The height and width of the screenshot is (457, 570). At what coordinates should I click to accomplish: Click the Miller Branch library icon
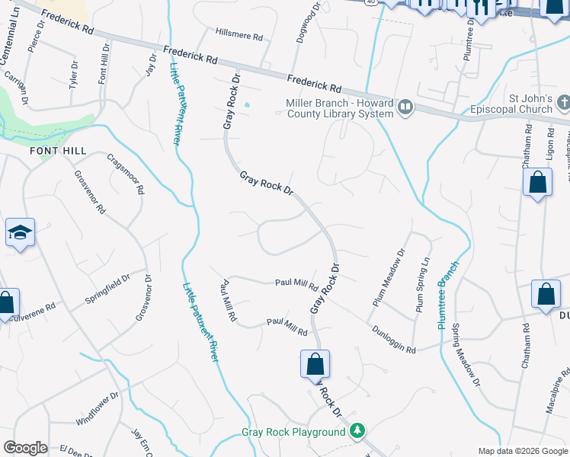click(x=405, y=108)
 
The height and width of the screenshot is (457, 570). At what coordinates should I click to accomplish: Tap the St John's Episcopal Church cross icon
click(x=563, y=102)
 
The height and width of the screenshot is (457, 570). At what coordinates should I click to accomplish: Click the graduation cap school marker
click(x=20, y=234)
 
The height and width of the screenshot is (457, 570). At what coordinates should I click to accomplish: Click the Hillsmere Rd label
click(x=239, y=36)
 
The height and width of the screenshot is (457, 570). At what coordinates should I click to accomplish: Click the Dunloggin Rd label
click(x=394, y=340)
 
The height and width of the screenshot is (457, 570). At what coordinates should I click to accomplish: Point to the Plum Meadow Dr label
click(x=389, y=278)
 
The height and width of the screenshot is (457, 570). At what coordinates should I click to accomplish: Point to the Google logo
click(x=25, y=448)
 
